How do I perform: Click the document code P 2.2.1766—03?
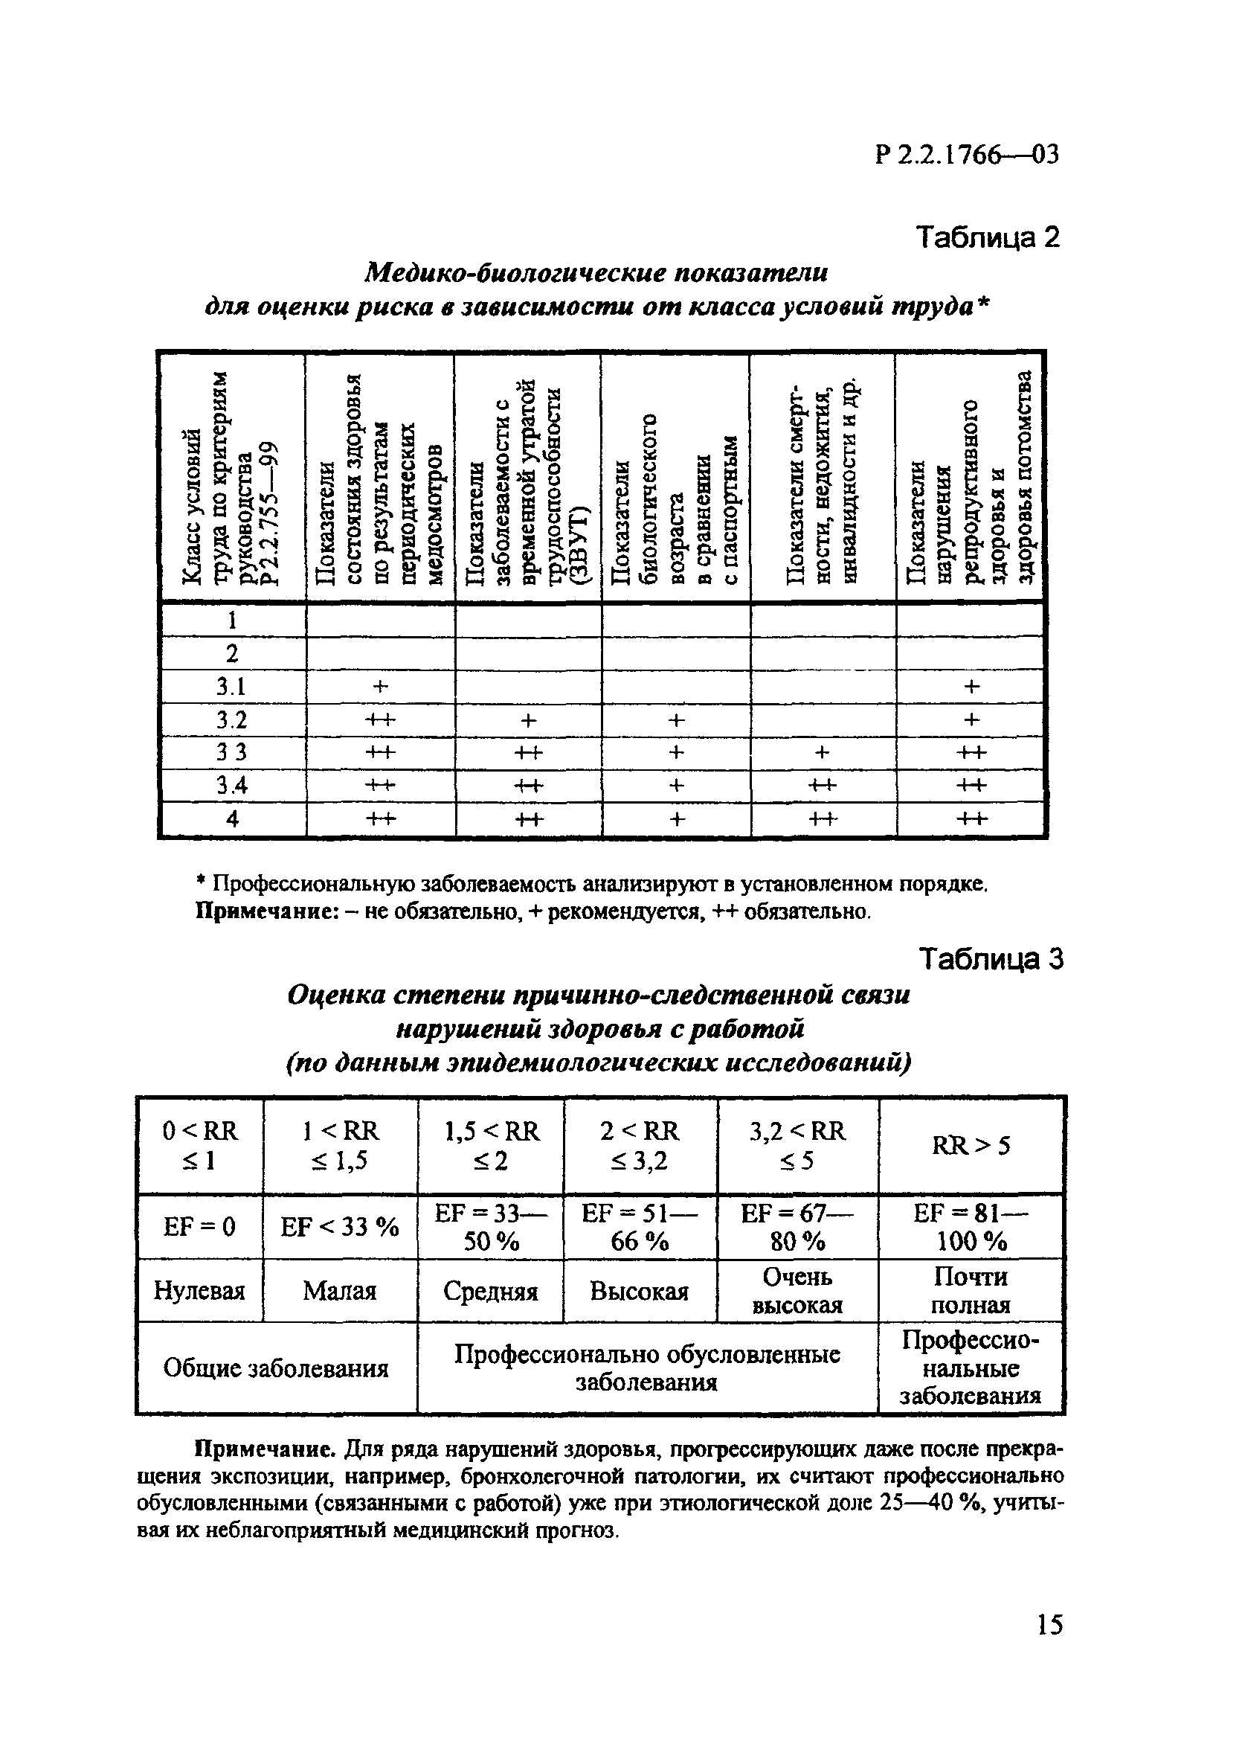click(x=967, y=156)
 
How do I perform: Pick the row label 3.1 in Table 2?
click(x=231, y=687)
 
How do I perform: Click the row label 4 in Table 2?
click(x=232, y=818)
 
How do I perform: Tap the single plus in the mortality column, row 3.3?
click(x=821, y=753)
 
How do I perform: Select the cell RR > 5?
click(x=971, y=1145)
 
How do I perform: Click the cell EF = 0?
click(x=199, y=1227)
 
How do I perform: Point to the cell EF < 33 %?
click(x=340, y=1227)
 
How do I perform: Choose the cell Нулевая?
click(x=199, y=1291)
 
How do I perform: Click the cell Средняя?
click(x=490, y=1291)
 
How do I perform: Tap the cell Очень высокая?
click(x=797, y=1290)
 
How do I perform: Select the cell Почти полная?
click(x=971, y=1290)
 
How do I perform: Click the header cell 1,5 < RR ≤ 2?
click(x=491, y=1145)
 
